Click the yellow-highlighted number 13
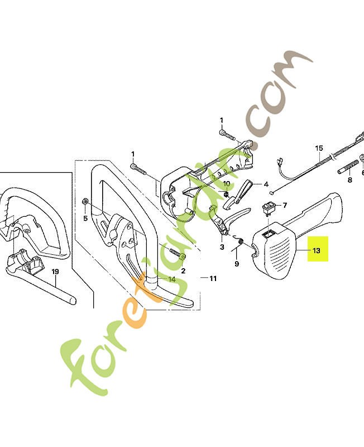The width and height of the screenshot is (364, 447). click(317, 250)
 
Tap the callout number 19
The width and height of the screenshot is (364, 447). click(55, 272)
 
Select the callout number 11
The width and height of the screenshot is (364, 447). click(213, 278)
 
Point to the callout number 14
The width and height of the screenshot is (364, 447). click(172, 279)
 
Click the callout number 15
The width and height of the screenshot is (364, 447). click(319, 148)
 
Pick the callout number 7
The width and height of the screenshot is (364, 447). click(285, 205)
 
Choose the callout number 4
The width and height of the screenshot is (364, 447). click(266, 184)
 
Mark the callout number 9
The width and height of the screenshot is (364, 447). click(237, 264)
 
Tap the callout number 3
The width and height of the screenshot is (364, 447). click(222, 247)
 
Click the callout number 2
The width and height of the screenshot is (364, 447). click(183, 270)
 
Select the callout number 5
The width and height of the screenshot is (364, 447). click(85, 218)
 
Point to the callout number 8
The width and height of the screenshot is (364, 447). click(349, 180)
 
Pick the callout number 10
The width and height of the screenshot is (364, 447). click(227, 184)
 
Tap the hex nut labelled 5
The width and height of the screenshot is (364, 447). click(85, 201)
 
